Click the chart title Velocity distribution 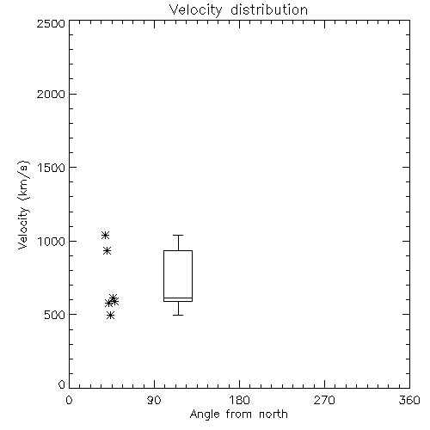tap(238, 10)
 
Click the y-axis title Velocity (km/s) tap(23, 205)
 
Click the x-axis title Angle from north tap(238, 415)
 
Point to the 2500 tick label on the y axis tap(51, 23)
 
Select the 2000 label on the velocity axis tap(51, 94)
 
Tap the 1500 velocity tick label tap(52, 168)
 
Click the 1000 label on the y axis tap(52, 241)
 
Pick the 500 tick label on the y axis tap(55, 315)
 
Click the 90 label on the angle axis tap(154, 400)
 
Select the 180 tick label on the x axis tap(239, 400)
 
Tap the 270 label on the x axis tap(324, 400)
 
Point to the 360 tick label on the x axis tap(409, 400)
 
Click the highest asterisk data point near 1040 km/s tap(105, 236)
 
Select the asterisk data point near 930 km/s tap(107, 251)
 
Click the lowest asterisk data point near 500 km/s tap(110, 316)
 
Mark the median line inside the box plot tap(178, 298)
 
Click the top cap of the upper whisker tap(178, 236)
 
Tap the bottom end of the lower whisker tap(178, 315)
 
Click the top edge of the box tap(178, 251)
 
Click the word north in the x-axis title tap(273, 415)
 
